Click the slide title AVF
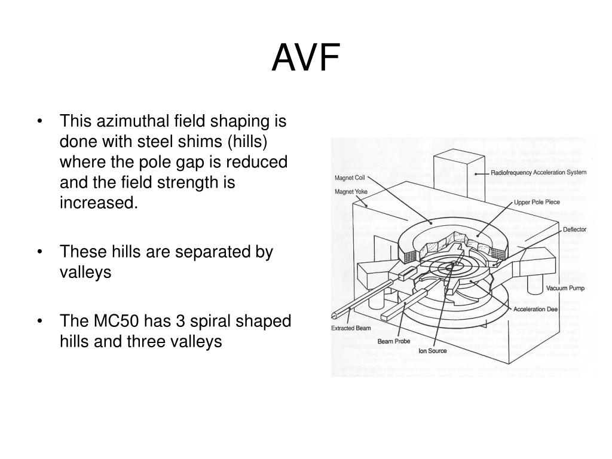click(x=305, y=59)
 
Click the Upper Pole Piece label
click(x=537, y=202)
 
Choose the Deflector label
click(x=574, y=229)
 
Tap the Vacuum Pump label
click(x=565, y=288)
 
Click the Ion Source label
click(x=432, y=350)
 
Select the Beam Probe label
click(x=393, y=341)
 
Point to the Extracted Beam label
click(x=351, y=328)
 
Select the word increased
click(x=99, y=203)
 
